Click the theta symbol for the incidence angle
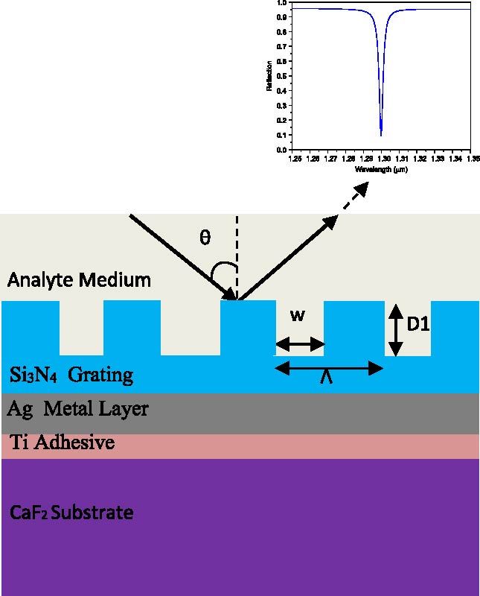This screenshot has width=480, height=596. (205, 238)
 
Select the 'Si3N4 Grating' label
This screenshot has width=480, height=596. (71, 375)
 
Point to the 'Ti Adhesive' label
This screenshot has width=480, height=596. (63, 443)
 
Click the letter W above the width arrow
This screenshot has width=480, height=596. (297, 315)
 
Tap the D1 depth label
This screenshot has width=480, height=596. (419, 326)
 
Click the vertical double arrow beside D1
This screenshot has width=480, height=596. (396, 329)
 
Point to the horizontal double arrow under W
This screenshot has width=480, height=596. (300, 344)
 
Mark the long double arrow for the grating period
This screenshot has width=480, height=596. (328, 367)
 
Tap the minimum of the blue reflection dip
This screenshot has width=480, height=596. (381, 135)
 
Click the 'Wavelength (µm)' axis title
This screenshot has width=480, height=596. (382, 169)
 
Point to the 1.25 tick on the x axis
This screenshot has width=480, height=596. (295, 159)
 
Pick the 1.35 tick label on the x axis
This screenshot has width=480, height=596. (471, 159)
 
